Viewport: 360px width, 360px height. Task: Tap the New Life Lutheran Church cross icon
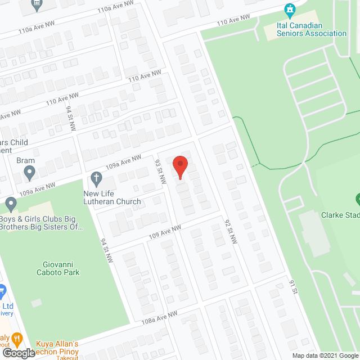[x=96, y=180]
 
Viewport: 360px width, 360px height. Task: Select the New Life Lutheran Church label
[x=112, y=198]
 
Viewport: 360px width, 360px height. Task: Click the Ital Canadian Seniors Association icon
[x=290, y=10]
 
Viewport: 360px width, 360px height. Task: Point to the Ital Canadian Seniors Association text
[x=312, y=29]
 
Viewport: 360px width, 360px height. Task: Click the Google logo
[x=18, y=353]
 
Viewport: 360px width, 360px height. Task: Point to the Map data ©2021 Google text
[x=325, y=355]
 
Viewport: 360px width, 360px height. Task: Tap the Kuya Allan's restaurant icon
[x=18, y=339]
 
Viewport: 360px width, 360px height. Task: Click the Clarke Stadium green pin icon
[x=357, y=199]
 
